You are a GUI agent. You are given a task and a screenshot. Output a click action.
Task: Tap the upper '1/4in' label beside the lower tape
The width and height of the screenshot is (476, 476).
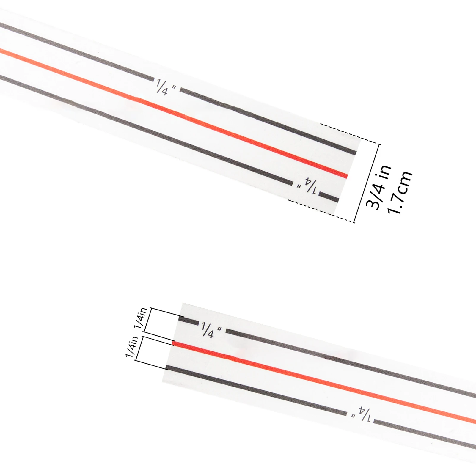pos(141,318)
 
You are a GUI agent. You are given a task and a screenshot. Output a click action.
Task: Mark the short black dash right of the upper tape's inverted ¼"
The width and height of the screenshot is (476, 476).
pos(329,197)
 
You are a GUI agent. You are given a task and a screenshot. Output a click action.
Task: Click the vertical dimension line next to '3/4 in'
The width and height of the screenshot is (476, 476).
pos(367,183)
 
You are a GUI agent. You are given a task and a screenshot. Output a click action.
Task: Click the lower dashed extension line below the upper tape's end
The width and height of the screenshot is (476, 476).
pos(321,211)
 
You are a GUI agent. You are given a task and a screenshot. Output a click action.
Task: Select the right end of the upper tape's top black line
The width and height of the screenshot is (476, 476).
pos(354,153)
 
